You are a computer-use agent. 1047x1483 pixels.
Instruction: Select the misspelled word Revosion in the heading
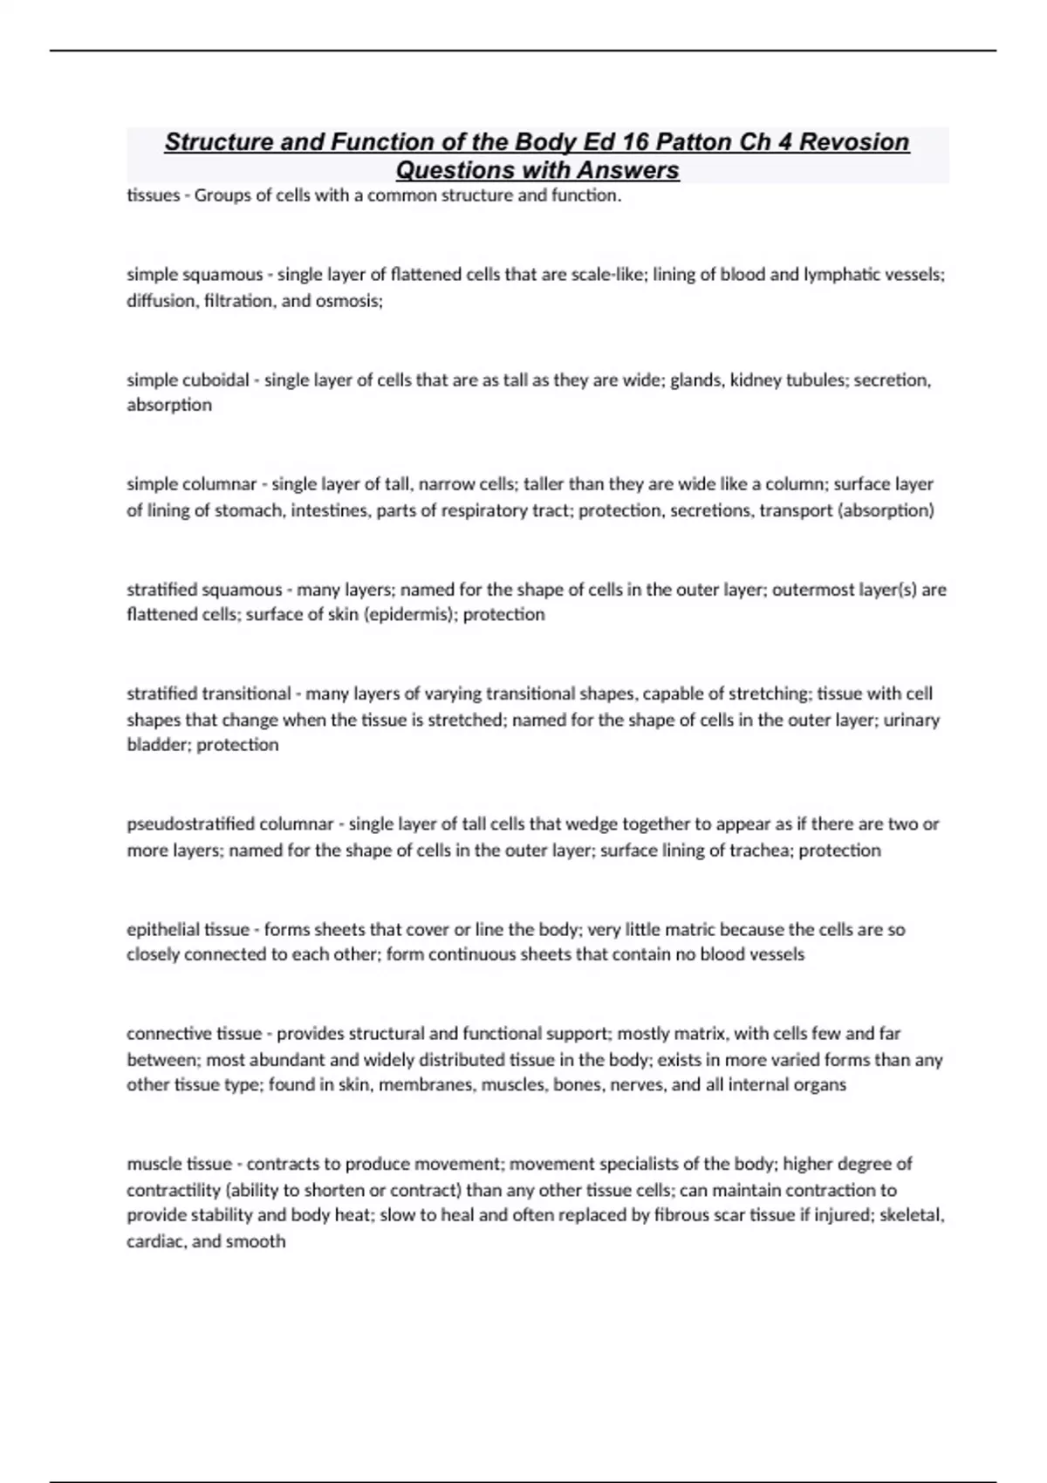[854, 142]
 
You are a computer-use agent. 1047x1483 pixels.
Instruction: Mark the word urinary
[912, 721]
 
